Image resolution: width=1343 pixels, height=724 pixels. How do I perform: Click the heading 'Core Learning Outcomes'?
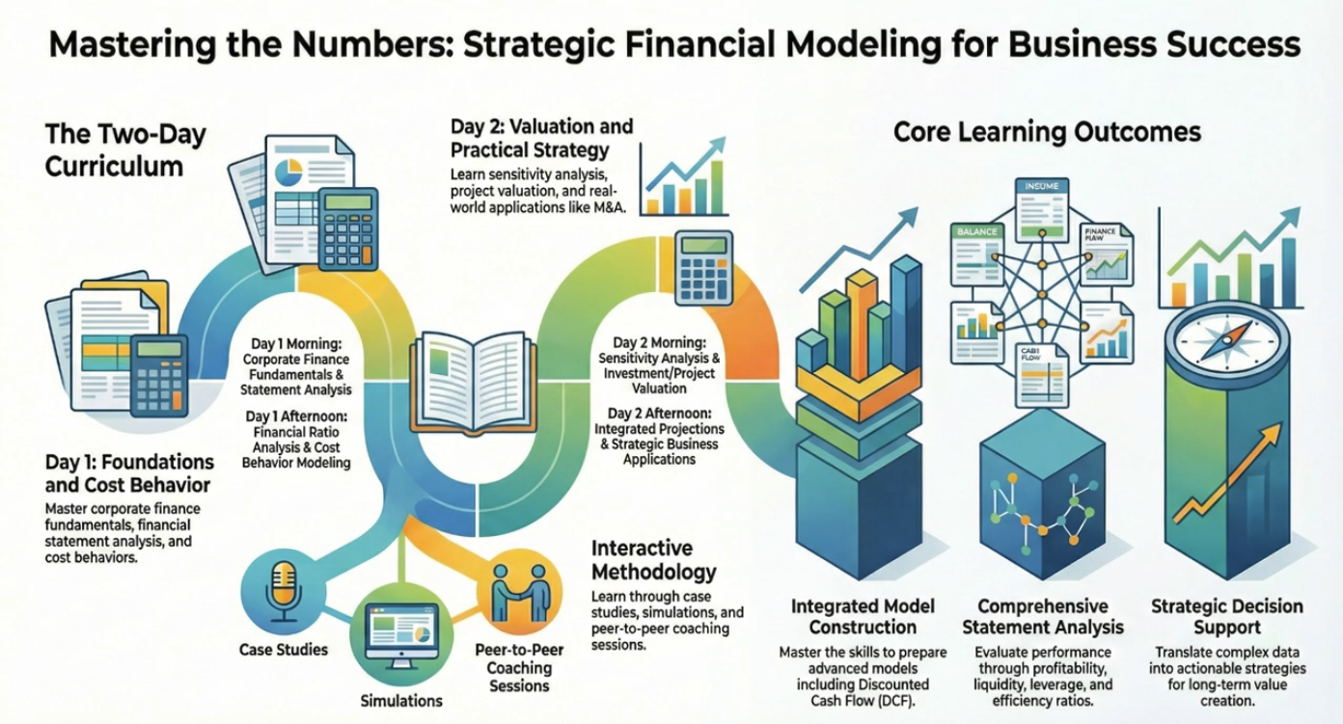click(1047, 132)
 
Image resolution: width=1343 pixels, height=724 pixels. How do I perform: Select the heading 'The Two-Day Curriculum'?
click(125, 149)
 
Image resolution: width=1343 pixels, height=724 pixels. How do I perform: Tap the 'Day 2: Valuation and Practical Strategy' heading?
click(541, 138)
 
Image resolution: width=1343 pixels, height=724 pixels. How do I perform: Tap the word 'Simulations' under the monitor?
click(401, 700)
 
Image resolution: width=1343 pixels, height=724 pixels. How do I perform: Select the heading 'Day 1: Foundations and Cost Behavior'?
click(129, 471)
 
